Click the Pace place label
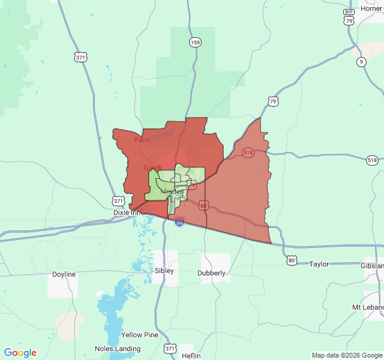[142, 140]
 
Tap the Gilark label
[152, 167]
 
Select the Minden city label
[172, 191]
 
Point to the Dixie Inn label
[126, 212]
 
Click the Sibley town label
[164, 271]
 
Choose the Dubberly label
[211, 273]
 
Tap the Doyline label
[64, 274]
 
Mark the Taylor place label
[320, 263]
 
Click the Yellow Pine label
[140, 334]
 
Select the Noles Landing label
[118, 349]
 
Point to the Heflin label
[191, 356]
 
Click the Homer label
[371, 8]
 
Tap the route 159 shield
[194, 42]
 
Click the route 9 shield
[361, 62]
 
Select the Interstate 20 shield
[179, 222]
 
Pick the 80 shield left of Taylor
[292, 260]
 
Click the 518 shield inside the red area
[248, 153]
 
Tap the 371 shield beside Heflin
[170, 349]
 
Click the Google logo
[20, 353]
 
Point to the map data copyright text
[346, 355]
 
